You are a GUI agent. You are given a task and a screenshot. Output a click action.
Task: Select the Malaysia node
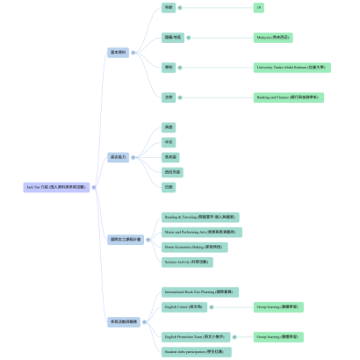click(273, 38)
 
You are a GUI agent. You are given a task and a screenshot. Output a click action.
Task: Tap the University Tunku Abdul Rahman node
click(290, 67)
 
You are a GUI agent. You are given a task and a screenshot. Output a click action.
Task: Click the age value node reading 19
click(258, 8)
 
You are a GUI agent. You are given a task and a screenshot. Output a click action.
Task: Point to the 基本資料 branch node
click(118, 53)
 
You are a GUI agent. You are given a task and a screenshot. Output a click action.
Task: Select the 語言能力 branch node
click(118, 157)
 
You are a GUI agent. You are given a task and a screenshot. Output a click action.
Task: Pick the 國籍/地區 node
click(172, 38)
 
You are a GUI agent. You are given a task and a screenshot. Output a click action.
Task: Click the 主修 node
click(169, 97)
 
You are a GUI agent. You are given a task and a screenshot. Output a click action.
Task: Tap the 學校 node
click(169, 67)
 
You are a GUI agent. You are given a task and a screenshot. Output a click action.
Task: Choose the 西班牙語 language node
click(172, 172)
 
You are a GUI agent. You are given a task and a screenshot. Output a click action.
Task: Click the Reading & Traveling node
click(199, 217)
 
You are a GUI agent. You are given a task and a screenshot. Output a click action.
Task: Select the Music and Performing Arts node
click(201, 233)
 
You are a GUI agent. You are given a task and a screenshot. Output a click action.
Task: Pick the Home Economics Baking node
click(195, 248)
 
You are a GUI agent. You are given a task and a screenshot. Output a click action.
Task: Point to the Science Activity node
click(188, 262)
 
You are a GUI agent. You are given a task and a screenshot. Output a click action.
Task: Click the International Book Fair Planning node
click(200, 292)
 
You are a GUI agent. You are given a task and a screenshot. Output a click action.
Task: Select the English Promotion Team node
click(196, 336)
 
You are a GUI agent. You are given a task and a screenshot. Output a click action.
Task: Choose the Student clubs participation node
click(194, 351)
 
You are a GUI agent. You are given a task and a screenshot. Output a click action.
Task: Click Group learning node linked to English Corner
click(279, 307)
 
